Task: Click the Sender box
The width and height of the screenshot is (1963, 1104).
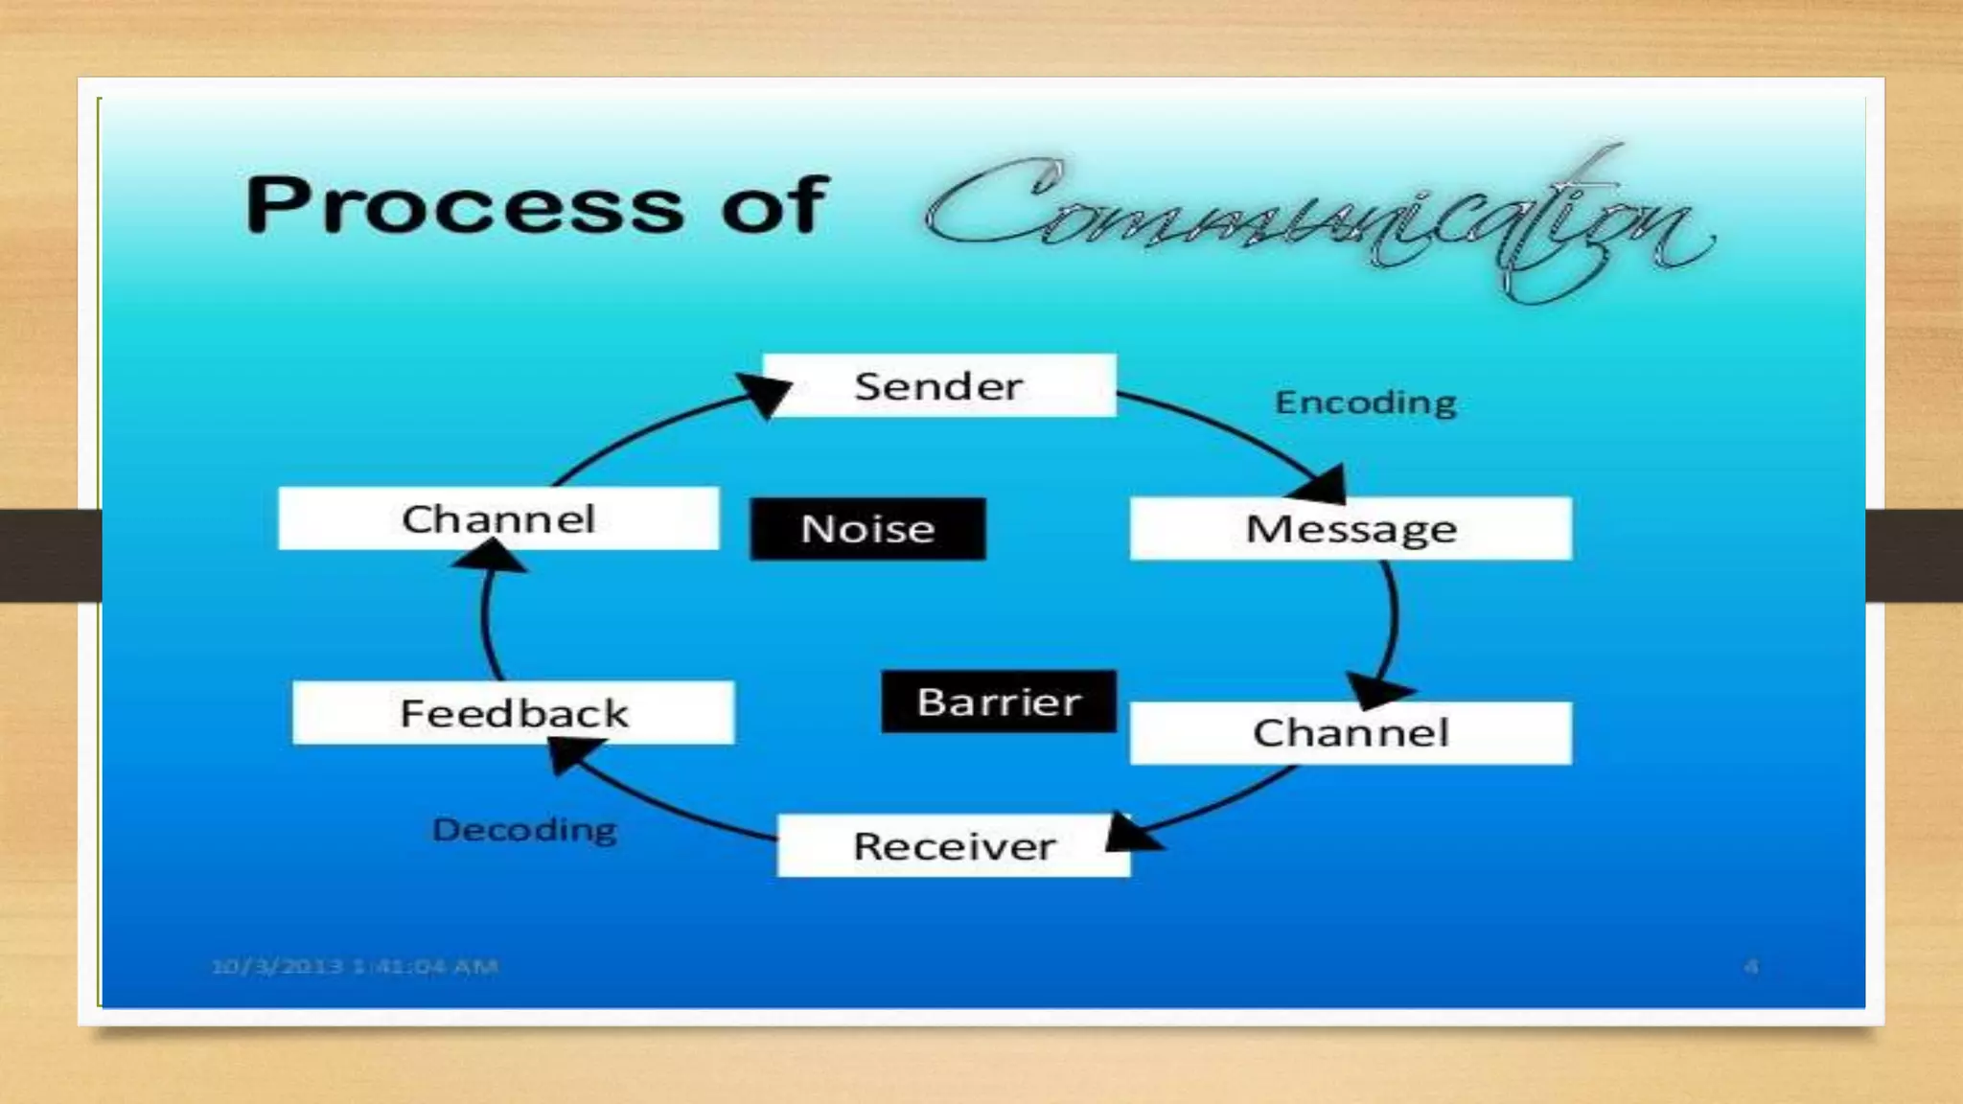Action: [939, 385]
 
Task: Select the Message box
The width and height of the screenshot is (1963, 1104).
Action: [1351, 528]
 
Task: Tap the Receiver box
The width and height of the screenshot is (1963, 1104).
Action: [954, 845]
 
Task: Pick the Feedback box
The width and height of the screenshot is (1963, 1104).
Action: [514, 713]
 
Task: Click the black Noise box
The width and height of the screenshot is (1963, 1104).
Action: [867, 529]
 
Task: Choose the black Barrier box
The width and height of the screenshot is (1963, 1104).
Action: [999, 701]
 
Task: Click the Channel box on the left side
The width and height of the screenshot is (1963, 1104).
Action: [498, 518]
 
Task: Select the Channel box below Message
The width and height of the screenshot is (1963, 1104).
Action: [1351, 733]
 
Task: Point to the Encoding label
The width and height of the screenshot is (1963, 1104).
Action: [1365, 402]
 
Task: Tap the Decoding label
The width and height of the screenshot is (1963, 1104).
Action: [524, 829]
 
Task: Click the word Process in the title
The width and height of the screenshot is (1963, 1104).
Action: [464, 205]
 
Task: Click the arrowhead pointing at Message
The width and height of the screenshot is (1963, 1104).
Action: [1323, 485]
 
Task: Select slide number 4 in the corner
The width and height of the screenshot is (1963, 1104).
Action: [1750, 966]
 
